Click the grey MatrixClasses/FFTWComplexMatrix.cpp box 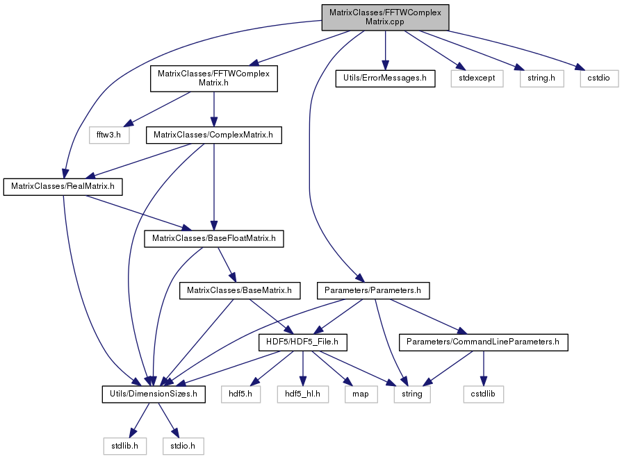[x=385, y=17]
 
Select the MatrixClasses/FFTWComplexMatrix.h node [x=214, y=78]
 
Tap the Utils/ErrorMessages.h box [x=385, y=78]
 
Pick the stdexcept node [x=477, y=78]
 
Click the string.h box [x=541, y=78]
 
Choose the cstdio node [x=599, y=78]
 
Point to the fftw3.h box [x=109, y=135]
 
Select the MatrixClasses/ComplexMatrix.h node [x=214, y=135]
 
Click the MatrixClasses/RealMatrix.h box [x=63, y=187]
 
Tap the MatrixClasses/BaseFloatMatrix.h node [x=214, y=239]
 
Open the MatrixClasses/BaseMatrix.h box [x=240, y=290]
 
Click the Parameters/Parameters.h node [x=373, y=290]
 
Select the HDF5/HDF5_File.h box [x=303, y=342]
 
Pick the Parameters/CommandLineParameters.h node [x=483, y=342]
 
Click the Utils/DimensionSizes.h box [x=154, y=394]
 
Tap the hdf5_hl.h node [x=303, y=394]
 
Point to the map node [x=361, y=394]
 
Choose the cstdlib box [x=483, y=394]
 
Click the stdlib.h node [x=125, y=446]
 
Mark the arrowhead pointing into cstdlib [x=483, y=381]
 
